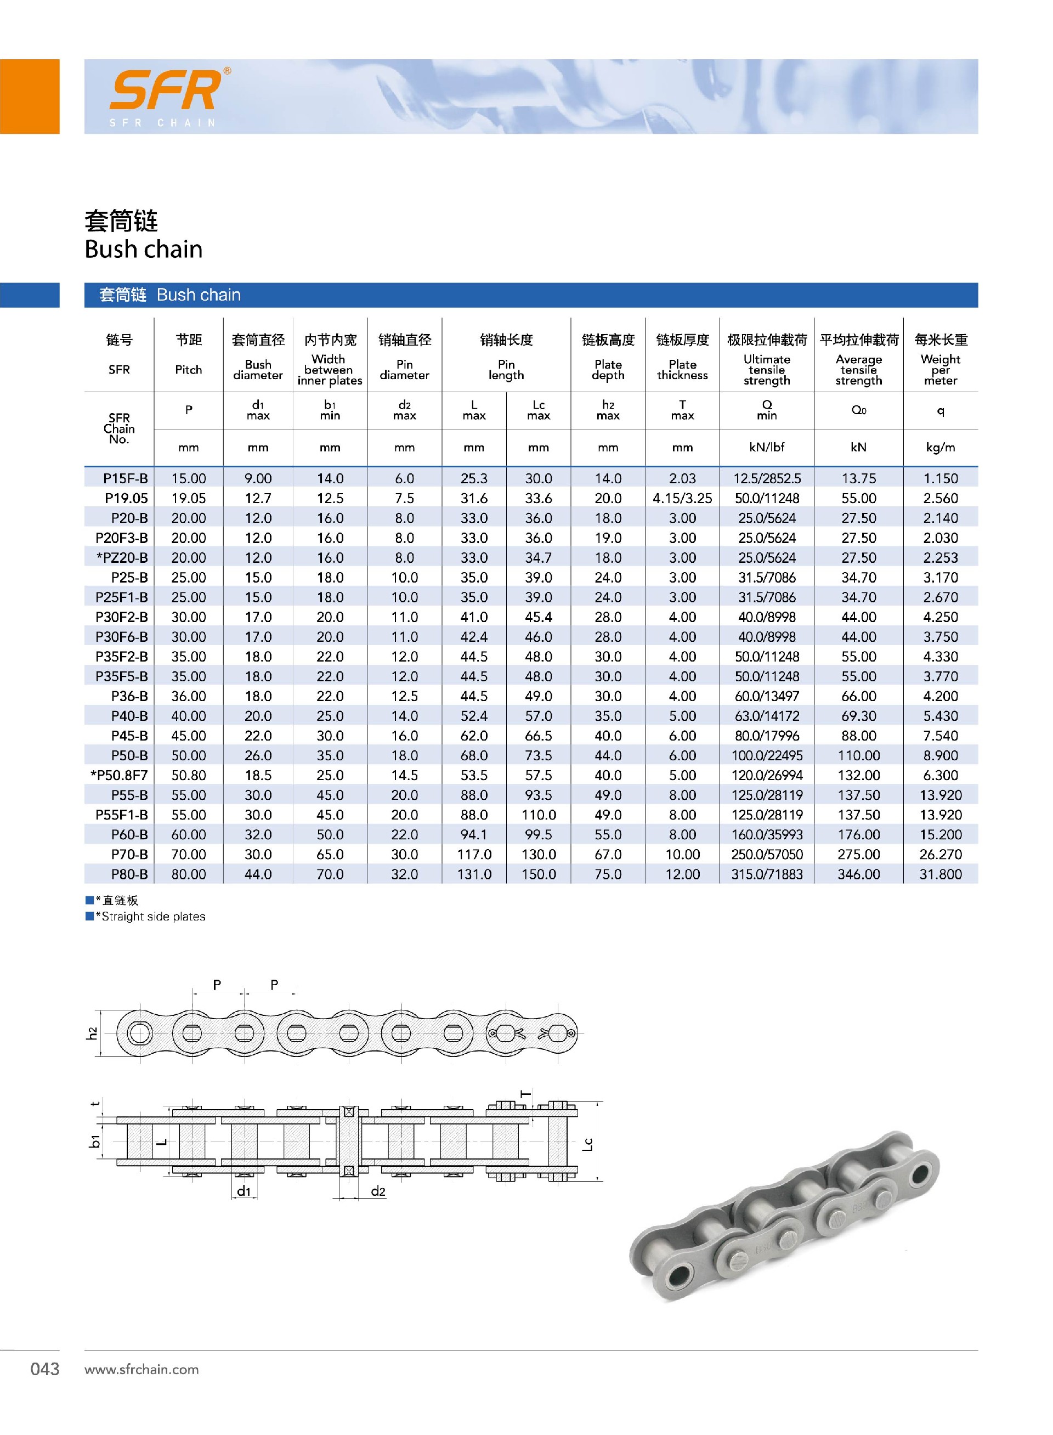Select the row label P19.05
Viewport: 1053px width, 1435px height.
click(126, 498)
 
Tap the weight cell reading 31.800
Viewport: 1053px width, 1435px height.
click(940, 874)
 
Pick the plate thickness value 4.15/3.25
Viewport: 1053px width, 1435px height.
click(682, 498)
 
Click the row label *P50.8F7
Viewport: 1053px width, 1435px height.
click(119, 775)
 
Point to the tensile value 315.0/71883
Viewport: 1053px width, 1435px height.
click(767, 874)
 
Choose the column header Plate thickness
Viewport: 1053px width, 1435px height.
click(682, 369)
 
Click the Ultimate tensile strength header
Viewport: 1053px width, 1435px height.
click(767, 369)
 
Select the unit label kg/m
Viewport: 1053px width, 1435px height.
click(940, 447)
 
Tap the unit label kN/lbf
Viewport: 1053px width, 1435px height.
click(767, 447)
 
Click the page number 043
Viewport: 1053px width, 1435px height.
click(44, 1369)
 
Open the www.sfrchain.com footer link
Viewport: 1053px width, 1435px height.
click(141, 1369)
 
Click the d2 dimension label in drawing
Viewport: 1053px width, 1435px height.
click(378, 1191)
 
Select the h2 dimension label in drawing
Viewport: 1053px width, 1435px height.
click(93, 1033)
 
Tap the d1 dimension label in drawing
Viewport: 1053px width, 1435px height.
click(244, 1191)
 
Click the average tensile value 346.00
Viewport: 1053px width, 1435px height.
click(859, 874)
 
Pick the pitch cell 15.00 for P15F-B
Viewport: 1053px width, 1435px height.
click(189, 478)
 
